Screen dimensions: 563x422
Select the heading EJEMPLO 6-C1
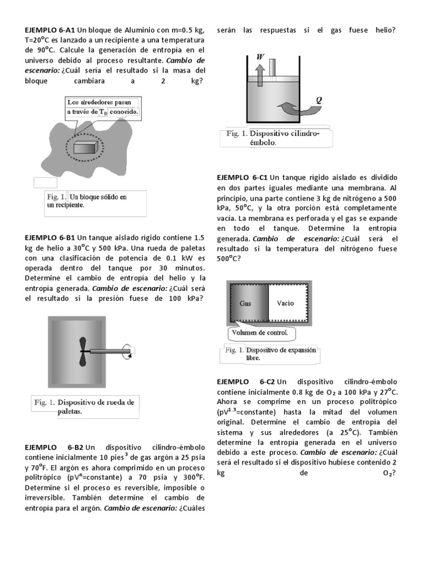pyautogui.click(x=242, y=178)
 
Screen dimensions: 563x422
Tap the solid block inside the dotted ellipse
pyautogui.click(x=86, y=147)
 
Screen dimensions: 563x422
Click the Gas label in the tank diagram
pyautogui.click(x=245, y=302)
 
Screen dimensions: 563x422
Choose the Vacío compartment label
pyautogui.click(x=286, y=302)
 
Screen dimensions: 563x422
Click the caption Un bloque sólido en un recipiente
pyautogui.click(x=88, y=201)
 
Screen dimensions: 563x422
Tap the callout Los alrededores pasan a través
pyautogui.click(x=103, y=107)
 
